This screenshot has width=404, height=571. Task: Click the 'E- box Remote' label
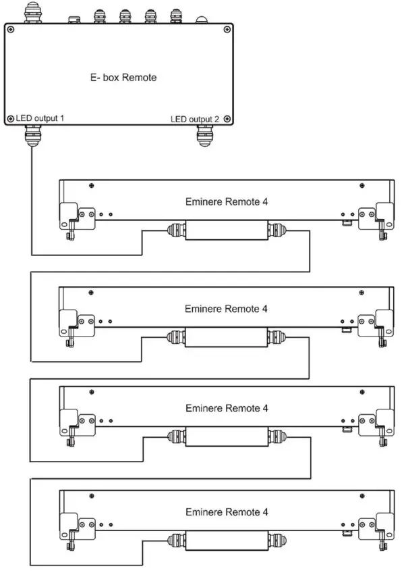pos(123,78)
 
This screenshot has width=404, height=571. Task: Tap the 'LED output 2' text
pos(195,119)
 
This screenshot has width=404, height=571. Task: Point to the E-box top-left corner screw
pos(10,29)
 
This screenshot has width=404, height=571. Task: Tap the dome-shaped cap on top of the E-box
pos(202,19)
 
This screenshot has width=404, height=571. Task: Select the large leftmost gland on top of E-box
pos(31,11)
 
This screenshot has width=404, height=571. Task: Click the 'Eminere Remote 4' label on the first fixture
pos(226,201)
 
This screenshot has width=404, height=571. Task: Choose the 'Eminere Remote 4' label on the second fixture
pos(226,308)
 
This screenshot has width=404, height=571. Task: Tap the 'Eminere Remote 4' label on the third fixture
pos(226,408)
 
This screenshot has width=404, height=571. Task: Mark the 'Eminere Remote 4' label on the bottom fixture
pos(226,512)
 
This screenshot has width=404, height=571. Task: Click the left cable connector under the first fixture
pos(174,230)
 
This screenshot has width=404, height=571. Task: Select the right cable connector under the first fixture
pos(277,230)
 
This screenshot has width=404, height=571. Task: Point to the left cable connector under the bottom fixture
pos(174,540)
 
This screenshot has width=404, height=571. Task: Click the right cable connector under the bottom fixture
pos(277,540)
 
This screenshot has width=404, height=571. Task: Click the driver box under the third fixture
pos(225,437)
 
